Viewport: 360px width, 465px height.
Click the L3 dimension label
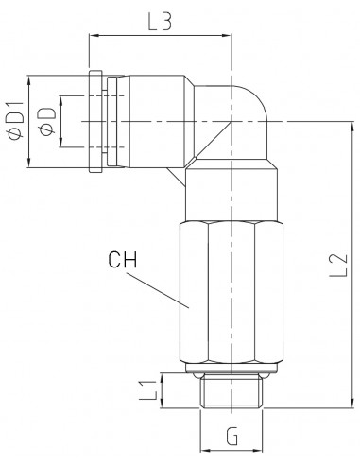tap(160, 22)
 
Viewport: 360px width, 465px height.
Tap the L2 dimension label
tap(338, 265)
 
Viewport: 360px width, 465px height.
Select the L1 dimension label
tap(148, 390)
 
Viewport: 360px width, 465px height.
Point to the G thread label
tap(231, 436)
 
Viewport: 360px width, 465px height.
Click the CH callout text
tap(123, 259)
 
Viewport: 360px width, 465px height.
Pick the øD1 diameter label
tap(16, 120)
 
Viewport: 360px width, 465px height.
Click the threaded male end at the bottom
tap(231, 391)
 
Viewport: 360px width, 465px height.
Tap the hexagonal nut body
tap(231, 292)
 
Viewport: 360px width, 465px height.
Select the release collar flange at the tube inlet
tap(95, 121)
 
